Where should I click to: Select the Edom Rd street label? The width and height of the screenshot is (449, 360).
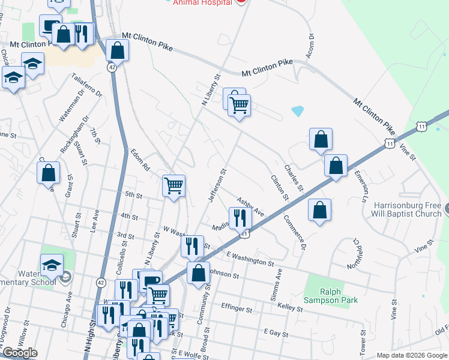point(139,159)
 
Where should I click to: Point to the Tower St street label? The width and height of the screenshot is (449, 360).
point(363,341)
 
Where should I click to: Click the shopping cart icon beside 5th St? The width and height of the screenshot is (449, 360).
point(173,185)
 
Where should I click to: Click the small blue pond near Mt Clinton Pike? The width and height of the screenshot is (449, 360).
point(297,111)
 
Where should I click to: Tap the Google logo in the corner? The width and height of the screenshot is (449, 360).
point(20,353)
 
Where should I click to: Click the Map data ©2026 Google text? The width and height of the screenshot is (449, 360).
point(411,355)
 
